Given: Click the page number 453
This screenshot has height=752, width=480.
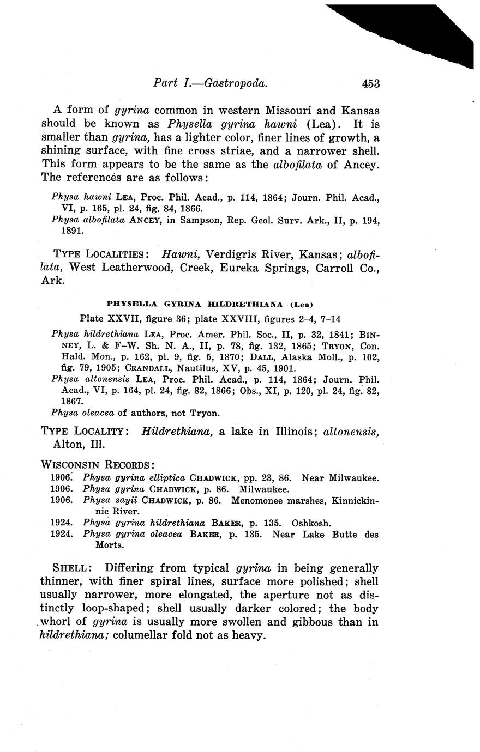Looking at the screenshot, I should coord(370,83).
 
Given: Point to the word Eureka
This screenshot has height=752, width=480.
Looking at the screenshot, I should coord(240,268).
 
